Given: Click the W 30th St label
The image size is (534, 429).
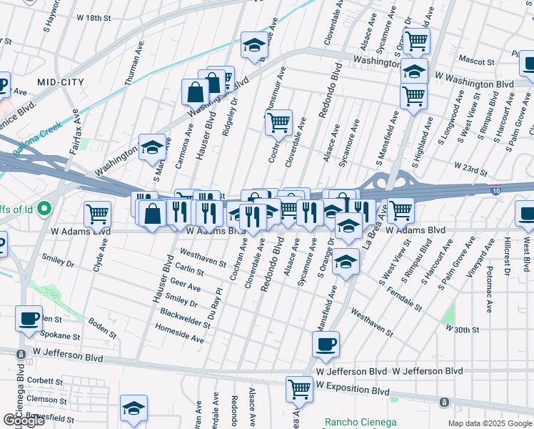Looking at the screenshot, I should click(461, 328).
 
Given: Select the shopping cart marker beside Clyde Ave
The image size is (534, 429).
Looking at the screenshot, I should click(97, 212).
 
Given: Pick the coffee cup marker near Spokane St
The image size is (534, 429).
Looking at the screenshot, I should click(29, 318).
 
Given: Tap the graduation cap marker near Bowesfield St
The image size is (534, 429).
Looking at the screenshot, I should click(133, 408).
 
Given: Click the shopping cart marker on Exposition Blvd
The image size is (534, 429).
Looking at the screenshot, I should click(299, 388).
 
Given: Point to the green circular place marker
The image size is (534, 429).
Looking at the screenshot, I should click(44, 209).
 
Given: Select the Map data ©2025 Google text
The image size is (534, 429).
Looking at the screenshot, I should click(490, 423).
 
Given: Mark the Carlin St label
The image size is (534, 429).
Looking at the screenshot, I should click(190, 269).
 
